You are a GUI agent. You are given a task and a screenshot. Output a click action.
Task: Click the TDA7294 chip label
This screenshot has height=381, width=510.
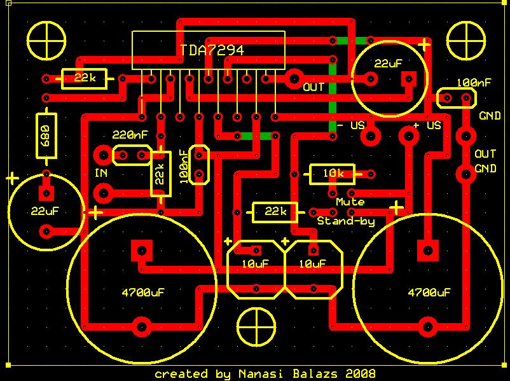point(211,50)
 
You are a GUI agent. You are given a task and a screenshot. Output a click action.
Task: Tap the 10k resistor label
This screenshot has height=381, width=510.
point(333,174)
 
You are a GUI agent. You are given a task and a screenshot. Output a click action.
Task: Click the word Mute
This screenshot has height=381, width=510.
point(350,202)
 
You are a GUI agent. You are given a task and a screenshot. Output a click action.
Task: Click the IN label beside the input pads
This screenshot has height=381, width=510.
point(101,173)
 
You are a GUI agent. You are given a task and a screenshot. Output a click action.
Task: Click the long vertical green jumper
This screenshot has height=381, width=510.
point(332,86)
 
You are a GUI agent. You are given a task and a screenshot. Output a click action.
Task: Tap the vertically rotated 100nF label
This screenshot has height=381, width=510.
point(184,167)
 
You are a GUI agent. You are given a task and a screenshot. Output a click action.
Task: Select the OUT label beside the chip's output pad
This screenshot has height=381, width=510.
point(315,87)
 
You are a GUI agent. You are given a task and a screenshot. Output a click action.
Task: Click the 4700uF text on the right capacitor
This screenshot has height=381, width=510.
point(429,293)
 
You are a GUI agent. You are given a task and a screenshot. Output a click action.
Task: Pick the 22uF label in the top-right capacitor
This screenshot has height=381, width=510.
point(390,64)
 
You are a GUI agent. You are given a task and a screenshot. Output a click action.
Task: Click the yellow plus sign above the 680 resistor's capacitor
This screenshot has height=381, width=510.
point(11,179)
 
